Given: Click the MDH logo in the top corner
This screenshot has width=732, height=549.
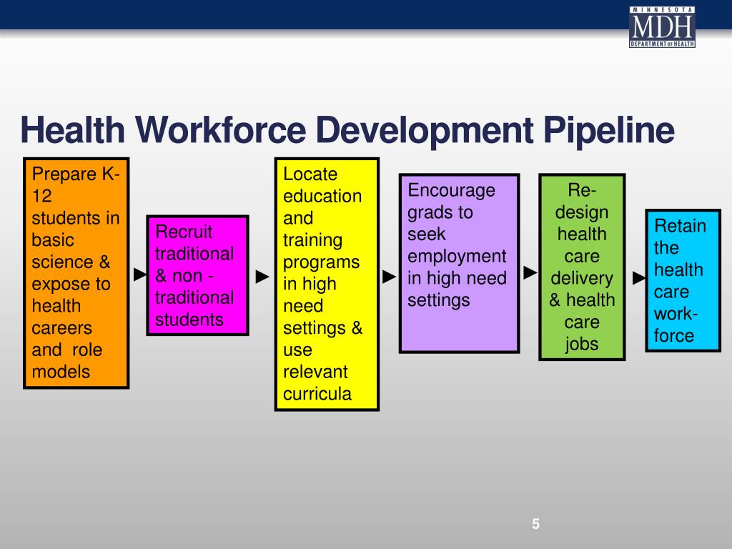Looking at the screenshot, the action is click(x=662, y=26).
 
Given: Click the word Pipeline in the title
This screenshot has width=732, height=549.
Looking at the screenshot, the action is click(x=609, y=131).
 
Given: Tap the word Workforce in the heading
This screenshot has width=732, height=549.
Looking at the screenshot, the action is click(x=221, y=129).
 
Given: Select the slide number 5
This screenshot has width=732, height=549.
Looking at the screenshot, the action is click(x=536, y=524).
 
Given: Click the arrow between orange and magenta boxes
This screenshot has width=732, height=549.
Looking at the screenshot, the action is click(x=140, y=274).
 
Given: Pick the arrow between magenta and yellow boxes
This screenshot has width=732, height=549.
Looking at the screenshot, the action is click(x=262, y=277).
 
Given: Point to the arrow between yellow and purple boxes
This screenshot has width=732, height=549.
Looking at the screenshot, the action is click(x=389, y=277).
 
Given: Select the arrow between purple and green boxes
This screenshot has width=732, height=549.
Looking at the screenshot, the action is click(x=530, y=272).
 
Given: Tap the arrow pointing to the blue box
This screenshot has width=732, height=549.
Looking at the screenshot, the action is click(x=639, y=278).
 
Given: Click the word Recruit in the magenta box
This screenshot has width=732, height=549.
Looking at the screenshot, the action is click(x=184, y=232).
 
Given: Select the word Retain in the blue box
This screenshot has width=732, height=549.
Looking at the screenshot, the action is click(x=680, y=226).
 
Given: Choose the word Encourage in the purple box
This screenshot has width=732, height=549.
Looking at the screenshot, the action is click(x=452, y=191).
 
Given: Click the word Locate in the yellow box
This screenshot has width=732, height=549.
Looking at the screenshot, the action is click(x=310, y=174).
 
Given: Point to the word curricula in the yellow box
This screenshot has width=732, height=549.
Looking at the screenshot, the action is click(x=317, y=394).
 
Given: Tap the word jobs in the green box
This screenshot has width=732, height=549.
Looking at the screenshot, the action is click(x=582, y=345).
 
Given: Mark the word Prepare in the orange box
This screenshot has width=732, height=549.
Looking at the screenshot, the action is click(x=64, y=174).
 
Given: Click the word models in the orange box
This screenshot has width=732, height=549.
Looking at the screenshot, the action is click(x=61, y=372).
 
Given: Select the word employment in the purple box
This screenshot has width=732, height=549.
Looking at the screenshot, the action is click(x=457, y=257).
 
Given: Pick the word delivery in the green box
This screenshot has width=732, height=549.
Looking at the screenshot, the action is click(x=582, y=279).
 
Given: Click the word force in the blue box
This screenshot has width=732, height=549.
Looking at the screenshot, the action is click(x=673, y=336).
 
